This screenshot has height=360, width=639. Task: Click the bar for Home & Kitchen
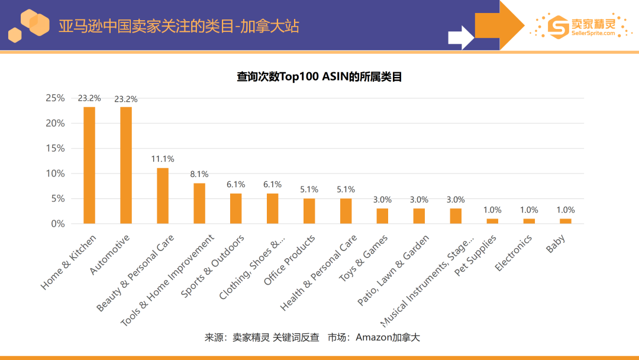coord(89,165)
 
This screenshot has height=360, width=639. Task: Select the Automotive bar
coord(126,165)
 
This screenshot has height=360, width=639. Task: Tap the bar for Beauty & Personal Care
coord(163,196)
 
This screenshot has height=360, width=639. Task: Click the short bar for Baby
coord(566,221)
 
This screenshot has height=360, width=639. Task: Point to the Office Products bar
coord(309,211)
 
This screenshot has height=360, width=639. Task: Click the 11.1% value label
coord(163,159)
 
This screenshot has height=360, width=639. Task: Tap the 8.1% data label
coord(199,174)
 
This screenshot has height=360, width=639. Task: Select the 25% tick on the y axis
coord(56,98)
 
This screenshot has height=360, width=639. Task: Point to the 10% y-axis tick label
coord(56,173)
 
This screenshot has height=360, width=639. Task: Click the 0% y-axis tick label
coord(58,224)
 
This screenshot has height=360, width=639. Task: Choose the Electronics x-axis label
coord(514,253)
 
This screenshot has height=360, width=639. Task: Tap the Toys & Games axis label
coord(363,258)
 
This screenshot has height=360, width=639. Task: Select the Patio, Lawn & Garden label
coord(393,271)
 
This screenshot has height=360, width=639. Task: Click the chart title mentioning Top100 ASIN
coord(319,76)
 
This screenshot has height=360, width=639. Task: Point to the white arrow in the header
coord(461,37)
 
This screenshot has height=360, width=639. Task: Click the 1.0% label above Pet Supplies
coord(492,210)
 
